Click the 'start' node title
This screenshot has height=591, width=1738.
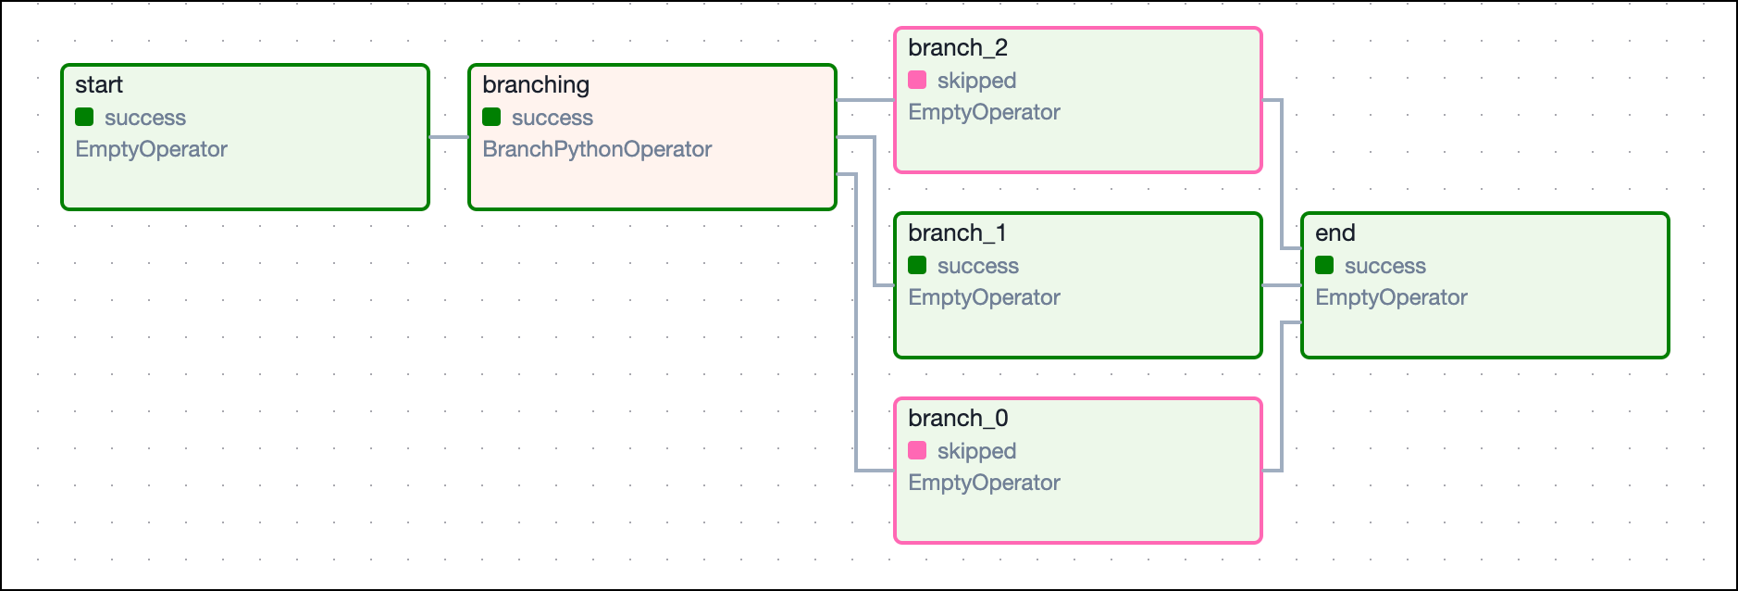pos(99,85)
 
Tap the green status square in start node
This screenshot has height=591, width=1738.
pos(84,117)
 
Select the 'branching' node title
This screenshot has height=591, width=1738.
pos(536,85)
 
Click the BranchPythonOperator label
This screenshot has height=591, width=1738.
pos(597,149)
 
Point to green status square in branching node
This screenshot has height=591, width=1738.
pos(491,117)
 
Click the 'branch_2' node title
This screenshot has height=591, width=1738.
pos(958,48)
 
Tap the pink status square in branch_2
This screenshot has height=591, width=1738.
pos(917,80)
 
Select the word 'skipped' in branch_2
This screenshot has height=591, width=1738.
pos(976,81)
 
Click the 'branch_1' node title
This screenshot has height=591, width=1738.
pos(957,233)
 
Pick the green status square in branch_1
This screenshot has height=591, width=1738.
pos(917,265)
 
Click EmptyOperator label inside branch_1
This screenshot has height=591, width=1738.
pos(984,297)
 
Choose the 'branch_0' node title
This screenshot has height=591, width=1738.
pos(958,419)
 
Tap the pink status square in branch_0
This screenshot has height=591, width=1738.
pos(917,450)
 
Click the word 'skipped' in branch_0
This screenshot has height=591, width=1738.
pos(976,451)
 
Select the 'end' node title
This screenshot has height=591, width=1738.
pos(1335,233)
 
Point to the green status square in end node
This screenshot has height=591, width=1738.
pos(1324,265)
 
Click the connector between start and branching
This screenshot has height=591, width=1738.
pos(449,137)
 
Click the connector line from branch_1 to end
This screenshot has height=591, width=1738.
pos(1282,285)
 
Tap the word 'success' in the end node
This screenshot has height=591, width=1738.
pos(1384,266)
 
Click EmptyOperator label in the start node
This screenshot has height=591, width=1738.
pos(151,149)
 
